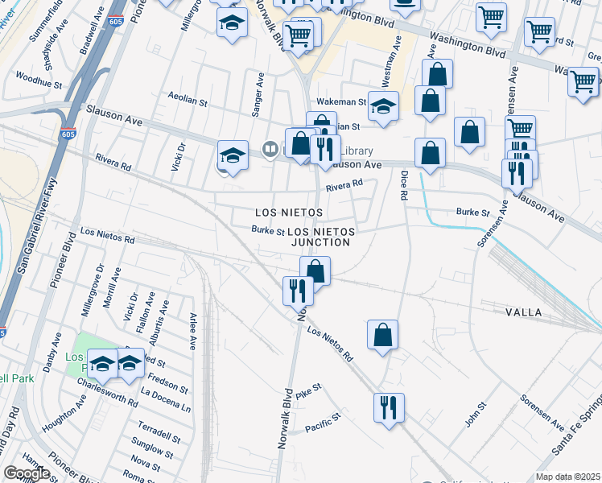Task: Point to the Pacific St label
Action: click(x=323, y=420)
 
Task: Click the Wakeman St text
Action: click(x=341, y=102)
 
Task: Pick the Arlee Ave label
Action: click(x=193, y=331)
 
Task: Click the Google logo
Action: click(x=27, y=473)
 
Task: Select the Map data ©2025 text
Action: click(x=567, y=477)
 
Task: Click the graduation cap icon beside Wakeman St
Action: click(x=384, y=105)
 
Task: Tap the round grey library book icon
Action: click(x=271, y=149)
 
